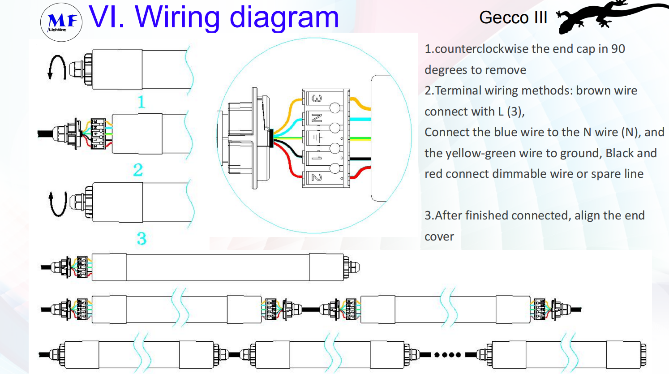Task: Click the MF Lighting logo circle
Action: click(61, 21)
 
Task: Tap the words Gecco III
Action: click(513, 18)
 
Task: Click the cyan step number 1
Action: click(142, 102)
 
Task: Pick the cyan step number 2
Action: click(138, 170)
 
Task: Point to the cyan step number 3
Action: click(142, 238)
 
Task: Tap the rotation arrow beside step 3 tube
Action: click(58, 204)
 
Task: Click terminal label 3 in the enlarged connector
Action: click(317, 99)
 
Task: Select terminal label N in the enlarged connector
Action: click(317, 118)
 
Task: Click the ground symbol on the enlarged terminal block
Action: click(317, 138)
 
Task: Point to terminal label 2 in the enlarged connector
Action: click(317, 178)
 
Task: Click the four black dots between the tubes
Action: click(447, 355)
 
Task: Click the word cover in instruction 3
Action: click(439, 236)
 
